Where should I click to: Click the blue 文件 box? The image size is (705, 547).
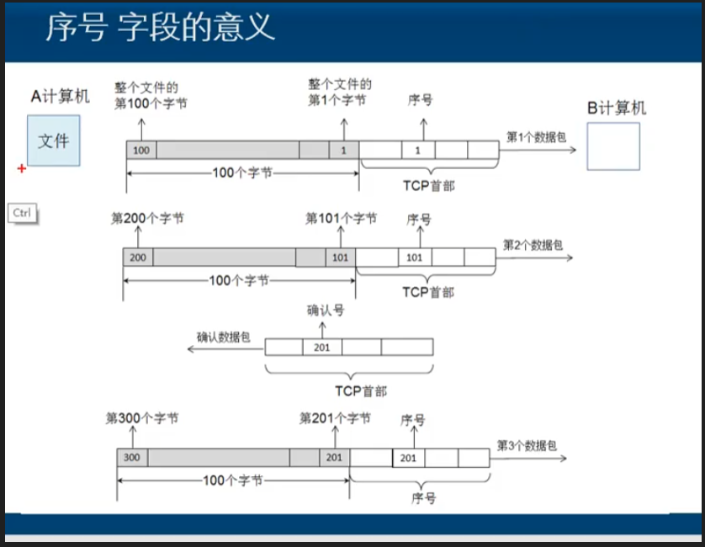pyautogui.click(x=53, y=141)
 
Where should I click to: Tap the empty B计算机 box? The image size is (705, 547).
pyautogui.click(x=612, y=146)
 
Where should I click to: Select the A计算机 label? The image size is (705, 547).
pyautogui.click(x=60, y=97)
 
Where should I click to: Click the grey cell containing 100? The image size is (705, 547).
pyautogui.click(x=141, y=150)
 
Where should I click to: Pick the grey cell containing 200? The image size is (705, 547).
pyautogui.click(x=138, y=258)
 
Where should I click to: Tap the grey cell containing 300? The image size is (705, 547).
pyautogui.click(x=131, y=457)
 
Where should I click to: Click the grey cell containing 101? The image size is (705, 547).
pyautogui.click(x=340, y=258)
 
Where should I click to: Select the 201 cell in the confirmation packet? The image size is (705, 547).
pyautogui.click(x=321, y=347)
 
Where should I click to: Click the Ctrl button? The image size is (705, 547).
pyautogui.click(x=22, y=213)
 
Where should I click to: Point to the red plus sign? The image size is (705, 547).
pyautogui.click(x=22, y=169)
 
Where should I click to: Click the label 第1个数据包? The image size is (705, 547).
pyautogui.click(x=536, y=136)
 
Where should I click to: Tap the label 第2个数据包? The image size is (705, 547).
pyautogui.click(x=533, y=245)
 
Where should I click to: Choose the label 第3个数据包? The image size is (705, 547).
pyautogui.click(x=527, y=445)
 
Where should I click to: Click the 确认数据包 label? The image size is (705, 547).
pyautogui.click(x=224, y=337)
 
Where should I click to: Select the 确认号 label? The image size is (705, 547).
pyautogui.click(x=326, y=311)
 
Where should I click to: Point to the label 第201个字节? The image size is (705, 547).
pyautogui.click(x=335, y=418)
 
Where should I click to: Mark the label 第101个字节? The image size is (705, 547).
pyautogui.click(x=341, y=219)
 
